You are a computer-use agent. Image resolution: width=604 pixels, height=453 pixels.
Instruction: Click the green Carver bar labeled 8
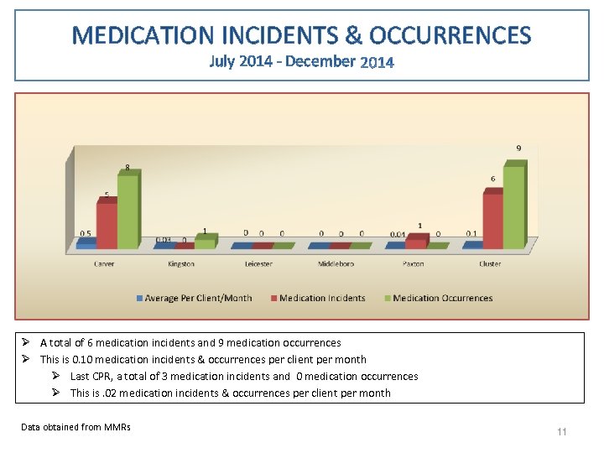128,211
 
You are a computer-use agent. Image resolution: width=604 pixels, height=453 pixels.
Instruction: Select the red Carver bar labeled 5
107,225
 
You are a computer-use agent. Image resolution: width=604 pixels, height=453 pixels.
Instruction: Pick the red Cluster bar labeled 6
492,220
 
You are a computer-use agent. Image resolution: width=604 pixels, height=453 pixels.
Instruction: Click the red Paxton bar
415,243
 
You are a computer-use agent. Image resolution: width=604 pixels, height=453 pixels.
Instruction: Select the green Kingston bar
204,243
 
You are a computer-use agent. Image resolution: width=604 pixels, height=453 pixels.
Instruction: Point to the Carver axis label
104,264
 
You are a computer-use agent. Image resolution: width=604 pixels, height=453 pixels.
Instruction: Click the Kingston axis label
181,264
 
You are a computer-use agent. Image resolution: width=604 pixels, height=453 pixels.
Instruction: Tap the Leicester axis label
258,264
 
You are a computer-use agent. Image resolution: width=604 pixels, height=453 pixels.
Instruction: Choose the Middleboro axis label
336,264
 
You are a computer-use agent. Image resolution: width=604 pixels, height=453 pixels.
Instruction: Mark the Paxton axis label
413,264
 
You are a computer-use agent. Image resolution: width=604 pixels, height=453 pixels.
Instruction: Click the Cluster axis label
490,264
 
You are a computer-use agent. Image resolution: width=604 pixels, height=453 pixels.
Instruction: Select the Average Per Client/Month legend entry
198,298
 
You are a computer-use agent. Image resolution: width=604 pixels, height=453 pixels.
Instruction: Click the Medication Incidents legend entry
322,298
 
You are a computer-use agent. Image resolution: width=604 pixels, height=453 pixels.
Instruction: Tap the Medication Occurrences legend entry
442,298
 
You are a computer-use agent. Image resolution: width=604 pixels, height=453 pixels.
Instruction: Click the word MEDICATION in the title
143,35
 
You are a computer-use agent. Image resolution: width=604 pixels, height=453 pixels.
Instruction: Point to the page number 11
562,432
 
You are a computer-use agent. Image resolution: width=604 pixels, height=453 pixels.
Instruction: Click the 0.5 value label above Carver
86,233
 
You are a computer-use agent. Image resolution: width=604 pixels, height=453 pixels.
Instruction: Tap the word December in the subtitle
320,61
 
